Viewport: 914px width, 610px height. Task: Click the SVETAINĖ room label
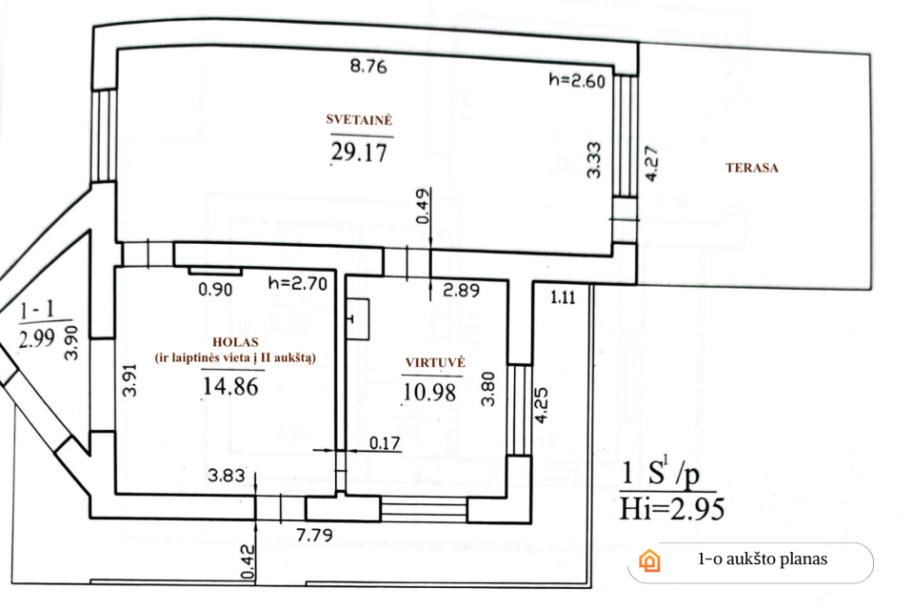point(359,120)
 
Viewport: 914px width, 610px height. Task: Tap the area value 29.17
point(359,152)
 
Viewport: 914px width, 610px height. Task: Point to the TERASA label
point(752,168)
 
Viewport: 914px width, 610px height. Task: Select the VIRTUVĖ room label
point(435,362)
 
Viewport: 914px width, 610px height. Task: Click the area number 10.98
point(429,392)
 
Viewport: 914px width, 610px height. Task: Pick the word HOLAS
point(235,342)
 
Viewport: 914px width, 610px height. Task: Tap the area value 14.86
point(230,386)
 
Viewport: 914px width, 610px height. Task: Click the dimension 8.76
point(368,66)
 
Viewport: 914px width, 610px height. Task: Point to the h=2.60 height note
point(577,80)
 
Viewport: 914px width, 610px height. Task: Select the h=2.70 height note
point(297,284)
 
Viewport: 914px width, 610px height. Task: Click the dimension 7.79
point(315,534)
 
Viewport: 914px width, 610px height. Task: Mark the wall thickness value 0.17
point(385,443)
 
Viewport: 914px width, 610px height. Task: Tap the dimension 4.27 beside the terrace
point(651,164)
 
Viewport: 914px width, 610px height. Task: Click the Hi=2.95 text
point(671,509)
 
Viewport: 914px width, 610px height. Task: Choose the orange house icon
point(649,560)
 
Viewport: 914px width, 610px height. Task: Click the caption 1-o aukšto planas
point(763,559)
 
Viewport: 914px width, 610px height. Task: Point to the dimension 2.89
point(461,290)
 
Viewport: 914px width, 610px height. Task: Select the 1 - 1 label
point(37,311)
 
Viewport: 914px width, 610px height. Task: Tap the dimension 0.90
point(215,290)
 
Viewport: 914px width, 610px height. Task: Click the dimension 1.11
point(563,298)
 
